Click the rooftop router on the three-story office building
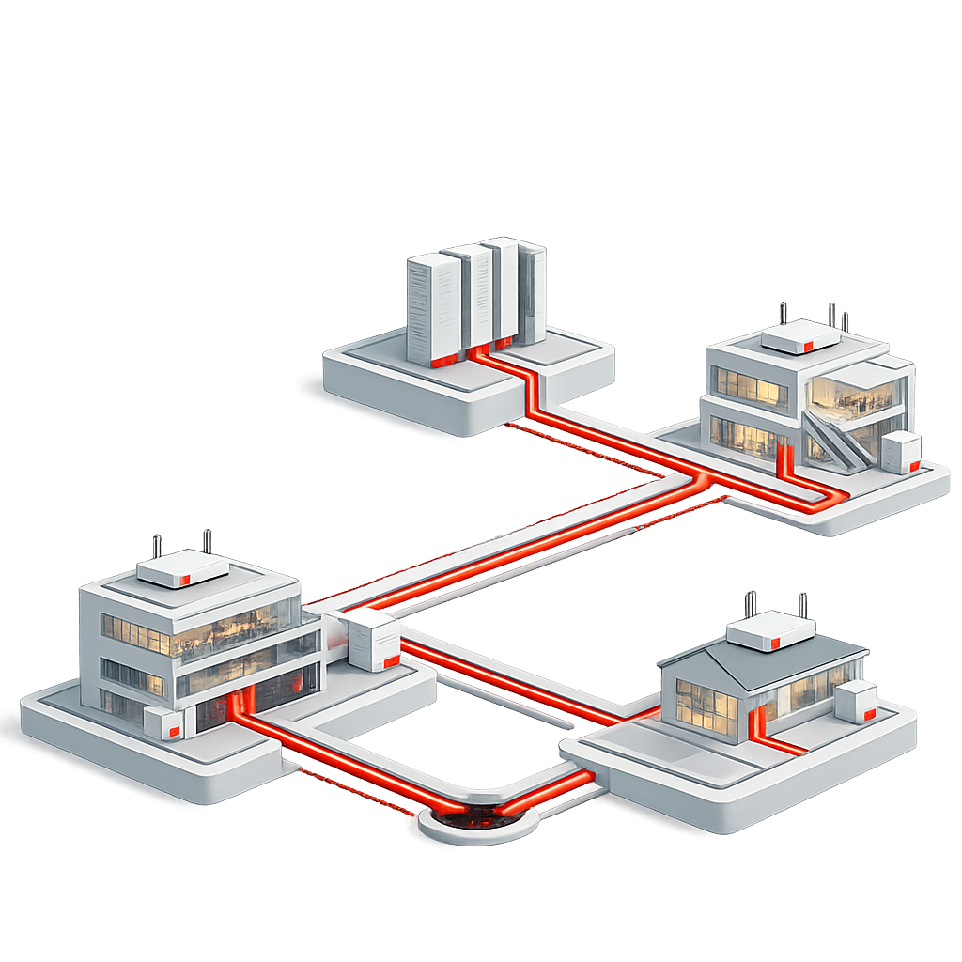183,568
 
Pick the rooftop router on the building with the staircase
799,337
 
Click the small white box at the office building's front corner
163,723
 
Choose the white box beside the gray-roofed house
855,702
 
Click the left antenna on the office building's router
157,547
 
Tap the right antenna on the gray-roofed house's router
802,604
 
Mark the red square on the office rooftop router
185,576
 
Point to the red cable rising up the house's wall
753,724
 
